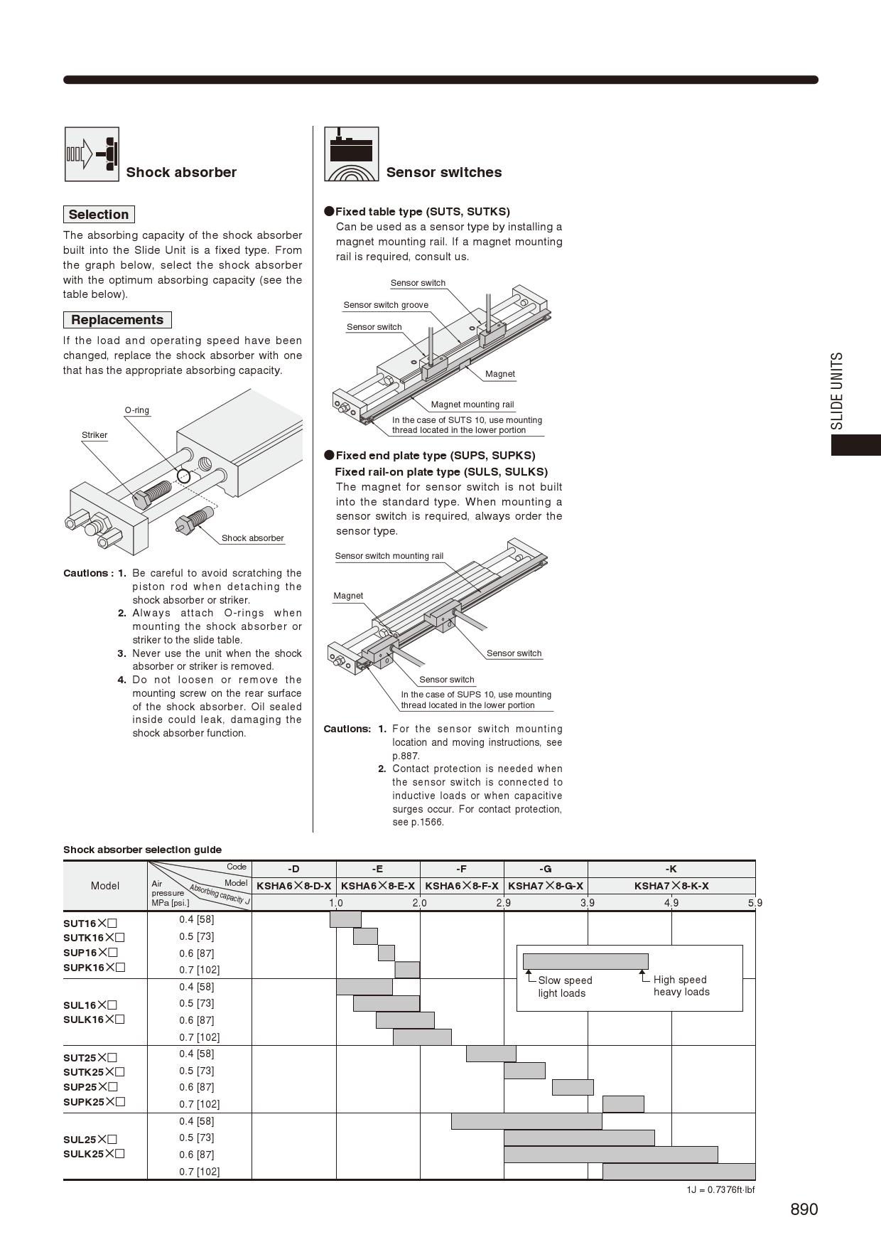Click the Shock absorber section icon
click(x=92, y=154)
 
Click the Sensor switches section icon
click(x=351, y=154)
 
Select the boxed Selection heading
click(x=99, y=215)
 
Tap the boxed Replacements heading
click(x=117, y=320)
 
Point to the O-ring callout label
click(x=137, y=410)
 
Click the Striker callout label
click(x=94, y=435)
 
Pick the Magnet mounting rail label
click(x=472, y=405)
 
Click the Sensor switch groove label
click(x=386, y=305)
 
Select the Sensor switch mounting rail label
click(x=389, y=556)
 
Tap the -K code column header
click(x=671, y=869)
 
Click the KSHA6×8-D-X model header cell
click(x=293, y=886)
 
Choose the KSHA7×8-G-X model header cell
click(x=546, y=886)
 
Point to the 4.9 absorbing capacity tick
click(x=671, y=903)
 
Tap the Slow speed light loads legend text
click(x=564, y=987)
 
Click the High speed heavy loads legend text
click(x=681, y=985)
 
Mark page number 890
click(x=804, y=1209)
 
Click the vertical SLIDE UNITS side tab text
click(x=838, y=391)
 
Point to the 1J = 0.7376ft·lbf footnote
click(x=720, y=1189)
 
